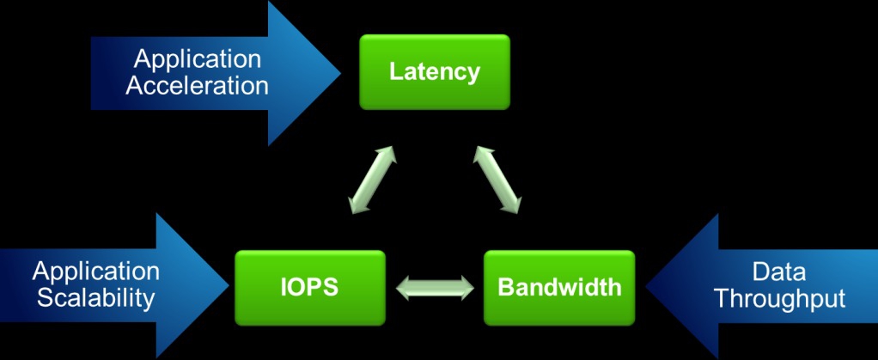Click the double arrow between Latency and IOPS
tap(372, 179)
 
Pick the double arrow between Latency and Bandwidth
tap(496, 179)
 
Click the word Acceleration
tap(197, 86)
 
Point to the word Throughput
tap(779, 298)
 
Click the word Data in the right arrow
tap(778, 272)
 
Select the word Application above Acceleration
tap(197, 59)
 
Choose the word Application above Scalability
tap(95, 272)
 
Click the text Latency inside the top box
tap(434, 71)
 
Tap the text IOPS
tap(309, 286)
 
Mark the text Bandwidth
tap(558, 286)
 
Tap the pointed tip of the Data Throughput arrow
tap(647, 286)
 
